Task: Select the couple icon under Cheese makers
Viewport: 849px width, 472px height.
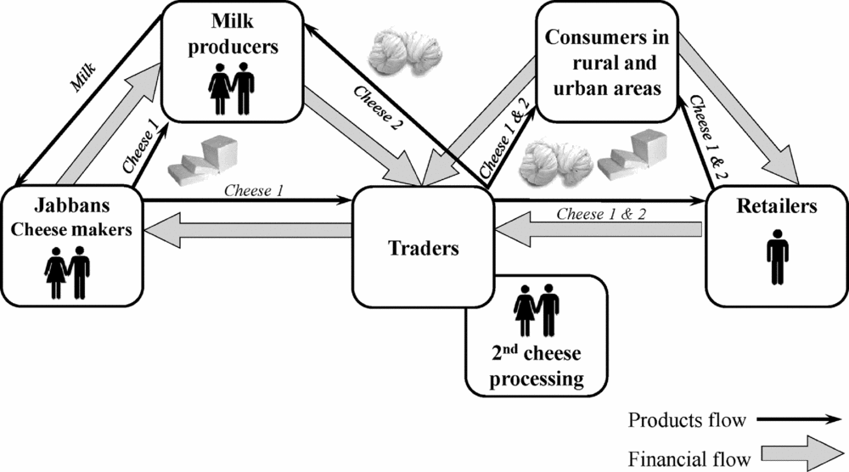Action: coord(66,272)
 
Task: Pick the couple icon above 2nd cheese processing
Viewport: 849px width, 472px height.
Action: coord(537,310)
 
